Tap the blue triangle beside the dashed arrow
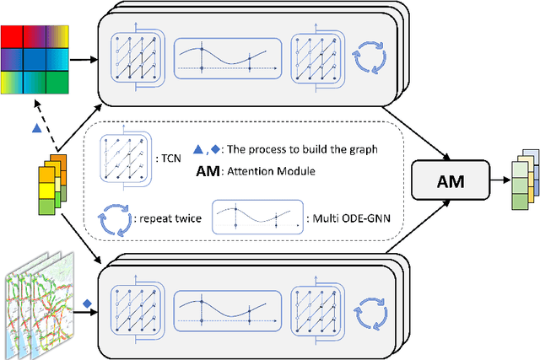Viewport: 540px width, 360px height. tap(35, 128)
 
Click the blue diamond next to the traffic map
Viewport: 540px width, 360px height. tap(86, 304)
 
